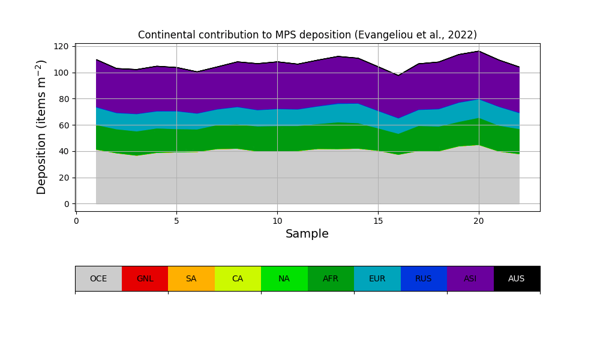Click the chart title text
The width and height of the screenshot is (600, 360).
pyautogui.click(x=307, y=35)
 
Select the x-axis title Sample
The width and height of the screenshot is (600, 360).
pyautogui.click(x=307, y=234)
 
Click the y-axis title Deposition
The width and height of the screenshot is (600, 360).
pyautogui.click(x=41, y=127)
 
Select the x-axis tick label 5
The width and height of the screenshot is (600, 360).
pyautogui.click(x=176, y=221)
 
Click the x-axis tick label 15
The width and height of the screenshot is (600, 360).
pyautogui.click(x=378, y=221)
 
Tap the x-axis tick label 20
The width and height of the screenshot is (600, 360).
pyautogui.click(x=478, y=221)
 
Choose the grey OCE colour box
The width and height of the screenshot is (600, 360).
pyautogui.click(x=98, y=278)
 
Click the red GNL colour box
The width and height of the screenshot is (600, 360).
pyautogui.click(x=145, y=278)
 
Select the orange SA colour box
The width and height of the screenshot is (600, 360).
pyautogui.click(x=191, y=278)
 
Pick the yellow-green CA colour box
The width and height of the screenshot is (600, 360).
pyautogui.click(x=238, y=278)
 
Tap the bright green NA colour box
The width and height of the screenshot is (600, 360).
pyautogui.click(x=284, y=278)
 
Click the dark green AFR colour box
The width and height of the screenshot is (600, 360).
pyautogui.click(x=331, y=278)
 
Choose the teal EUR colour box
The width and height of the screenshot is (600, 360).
pyautogui.click(x=377, y=278)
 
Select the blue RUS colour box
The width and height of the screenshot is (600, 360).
pyautogui.click(x=424, y=278)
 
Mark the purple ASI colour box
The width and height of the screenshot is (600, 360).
pyautogui.click(x=470, y=278)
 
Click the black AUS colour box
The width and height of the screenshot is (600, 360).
pyautogui.click(x=517, y=278)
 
